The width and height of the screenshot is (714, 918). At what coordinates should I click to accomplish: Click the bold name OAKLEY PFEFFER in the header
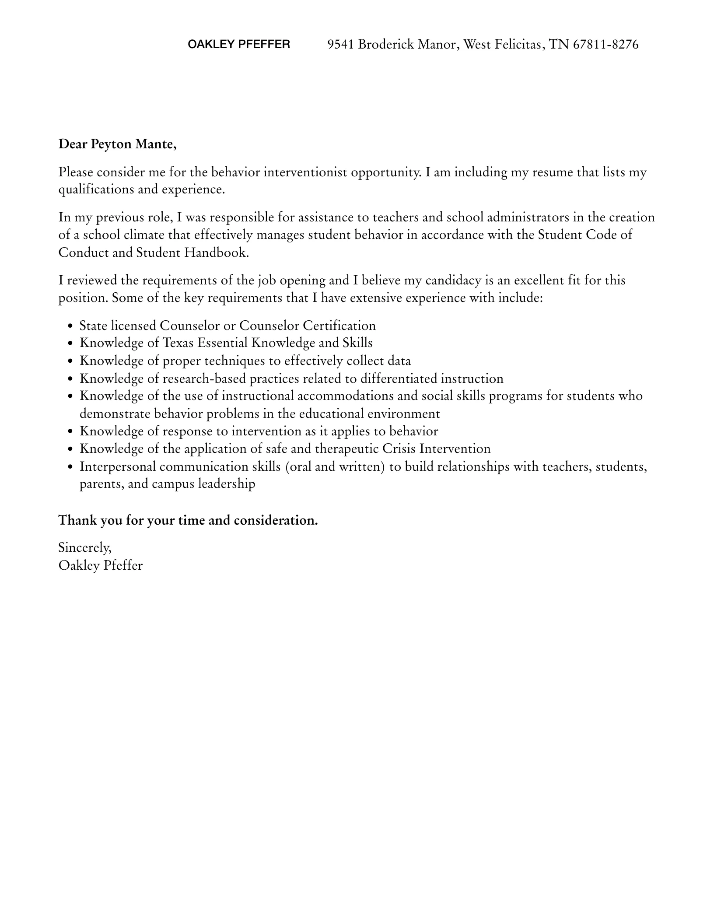238,44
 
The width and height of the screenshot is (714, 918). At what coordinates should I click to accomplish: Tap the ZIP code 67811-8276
605,44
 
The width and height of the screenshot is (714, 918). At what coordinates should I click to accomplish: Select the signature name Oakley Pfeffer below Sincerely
101,566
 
